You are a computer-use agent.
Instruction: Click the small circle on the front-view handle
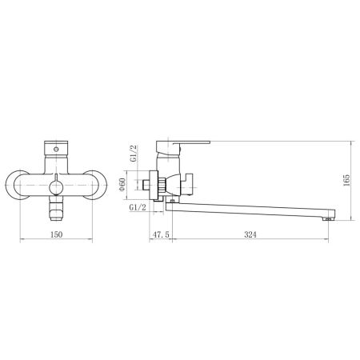point(57,149)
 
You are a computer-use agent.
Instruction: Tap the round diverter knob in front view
point(57,186)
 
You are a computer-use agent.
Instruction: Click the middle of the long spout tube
point(248,211)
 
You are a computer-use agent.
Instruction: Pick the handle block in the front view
point(57,150)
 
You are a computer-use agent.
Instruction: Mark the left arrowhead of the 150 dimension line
point(21,241)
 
